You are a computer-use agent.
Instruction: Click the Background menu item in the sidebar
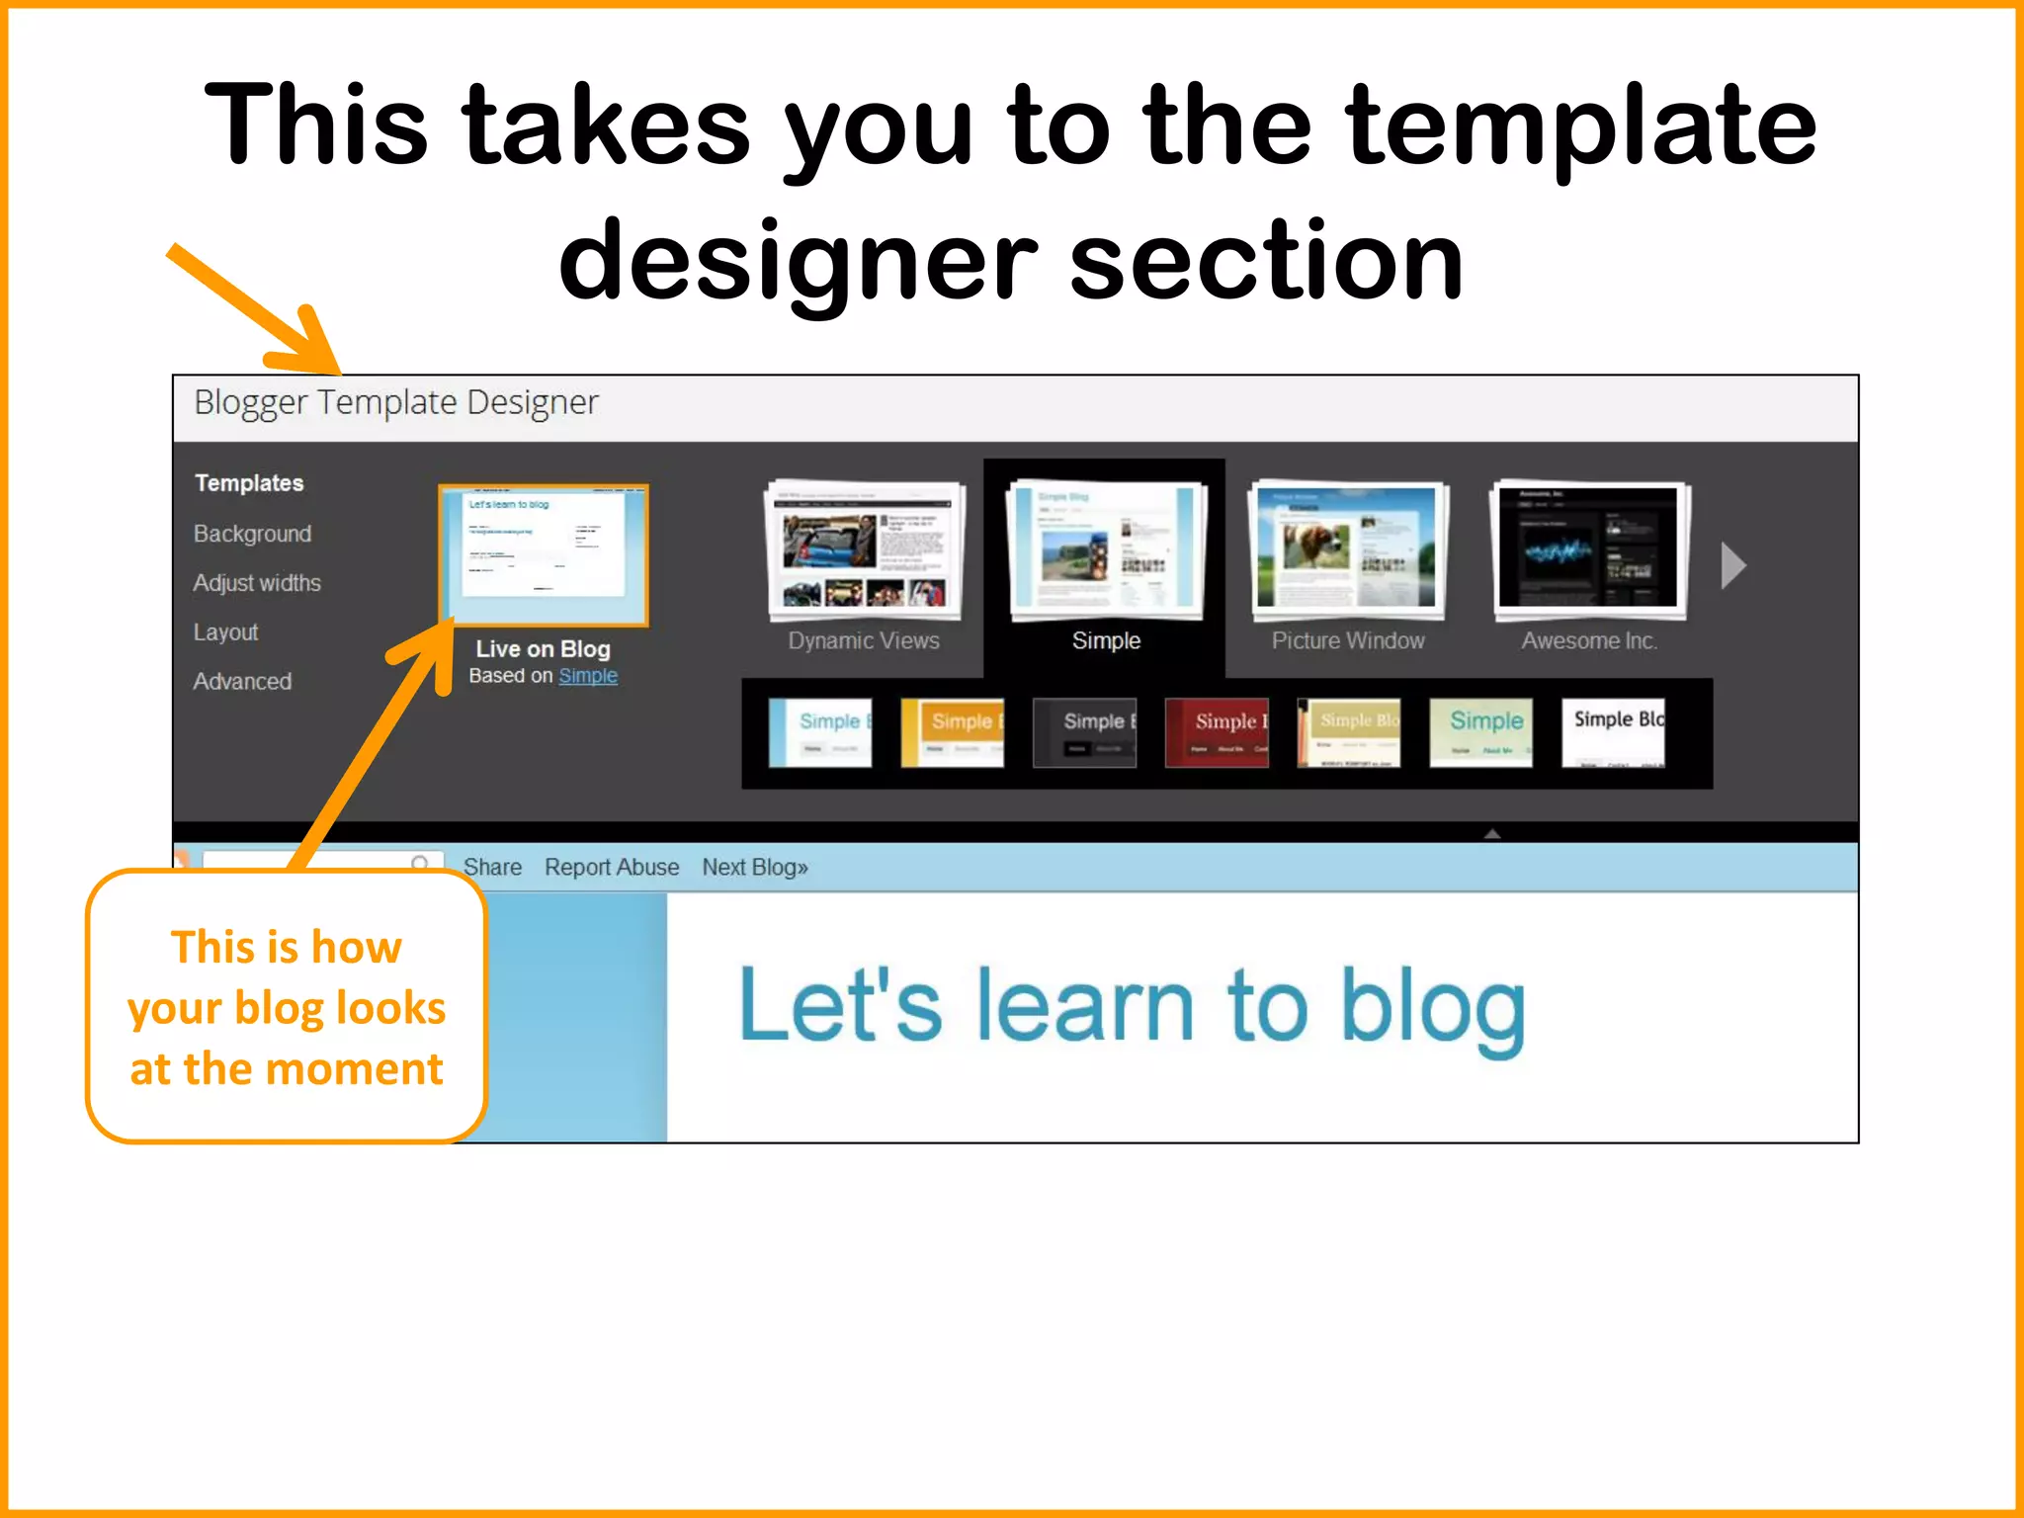pos(252,534)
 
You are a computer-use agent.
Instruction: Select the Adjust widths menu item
pos(257,583)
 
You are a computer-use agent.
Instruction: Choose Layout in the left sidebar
pos(225,632)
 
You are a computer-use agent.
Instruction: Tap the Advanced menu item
pos(242,682)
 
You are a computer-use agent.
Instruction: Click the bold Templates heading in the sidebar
pos(249,483)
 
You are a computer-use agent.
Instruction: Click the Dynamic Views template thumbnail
pos(865,548)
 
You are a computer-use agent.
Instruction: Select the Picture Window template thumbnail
pos(1347,548)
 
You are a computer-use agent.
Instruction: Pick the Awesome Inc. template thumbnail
pos(1588,548)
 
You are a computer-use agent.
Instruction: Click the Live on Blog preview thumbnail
pos(544,553)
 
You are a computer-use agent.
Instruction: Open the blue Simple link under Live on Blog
pos(588,676)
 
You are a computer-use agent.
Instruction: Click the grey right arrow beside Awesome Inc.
pos(1733,566)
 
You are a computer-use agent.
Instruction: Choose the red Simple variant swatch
pos(1217,732)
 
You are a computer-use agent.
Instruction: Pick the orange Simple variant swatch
pos(952,732)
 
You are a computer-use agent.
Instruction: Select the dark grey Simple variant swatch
pos(1084,732)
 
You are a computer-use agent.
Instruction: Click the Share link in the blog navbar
pos(492,868)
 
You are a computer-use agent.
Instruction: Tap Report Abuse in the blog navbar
pos(612,868)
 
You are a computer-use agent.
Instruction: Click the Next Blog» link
pos(755,868)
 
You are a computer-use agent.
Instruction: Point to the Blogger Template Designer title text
pos(396,403)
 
